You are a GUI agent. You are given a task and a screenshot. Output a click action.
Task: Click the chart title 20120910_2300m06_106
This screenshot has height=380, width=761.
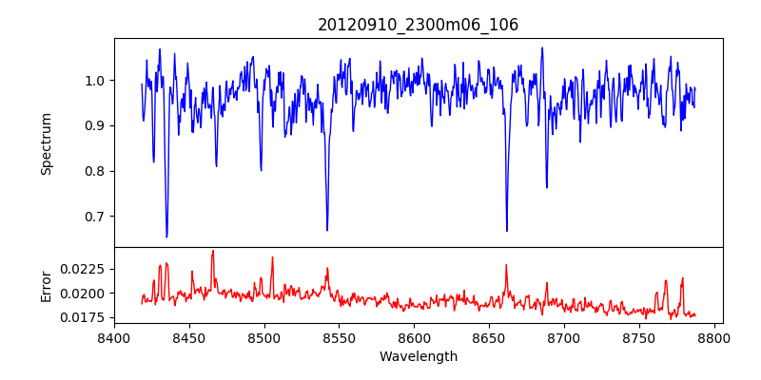pos(418,25)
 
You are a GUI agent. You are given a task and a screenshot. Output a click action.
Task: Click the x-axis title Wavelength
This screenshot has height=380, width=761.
pos(418,356)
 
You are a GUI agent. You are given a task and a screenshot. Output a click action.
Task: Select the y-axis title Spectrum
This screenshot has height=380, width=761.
pos(47,142)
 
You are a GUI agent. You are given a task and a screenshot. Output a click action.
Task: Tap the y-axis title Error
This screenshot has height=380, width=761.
pos(47,283)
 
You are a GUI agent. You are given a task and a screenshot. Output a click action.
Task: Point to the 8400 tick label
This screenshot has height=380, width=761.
pos(114,336)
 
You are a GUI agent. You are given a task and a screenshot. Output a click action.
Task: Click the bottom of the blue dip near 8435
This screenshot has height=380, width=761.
pos(166,237)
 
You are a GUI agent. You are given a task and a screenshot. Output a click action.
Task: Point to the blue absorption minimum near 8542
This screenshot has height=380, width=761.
pos(327,230)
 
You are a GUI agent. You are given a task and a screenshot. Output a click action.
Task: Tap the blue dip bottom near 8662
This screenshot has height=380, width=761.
pos(506,231)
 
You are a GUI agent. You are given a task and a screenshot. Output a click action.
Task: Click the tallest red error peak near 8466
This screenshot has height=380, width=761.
pos(212,251)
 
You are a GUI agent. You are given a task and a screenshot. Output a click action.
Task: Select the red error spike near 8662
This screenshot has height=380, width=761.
pos(506,265)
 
